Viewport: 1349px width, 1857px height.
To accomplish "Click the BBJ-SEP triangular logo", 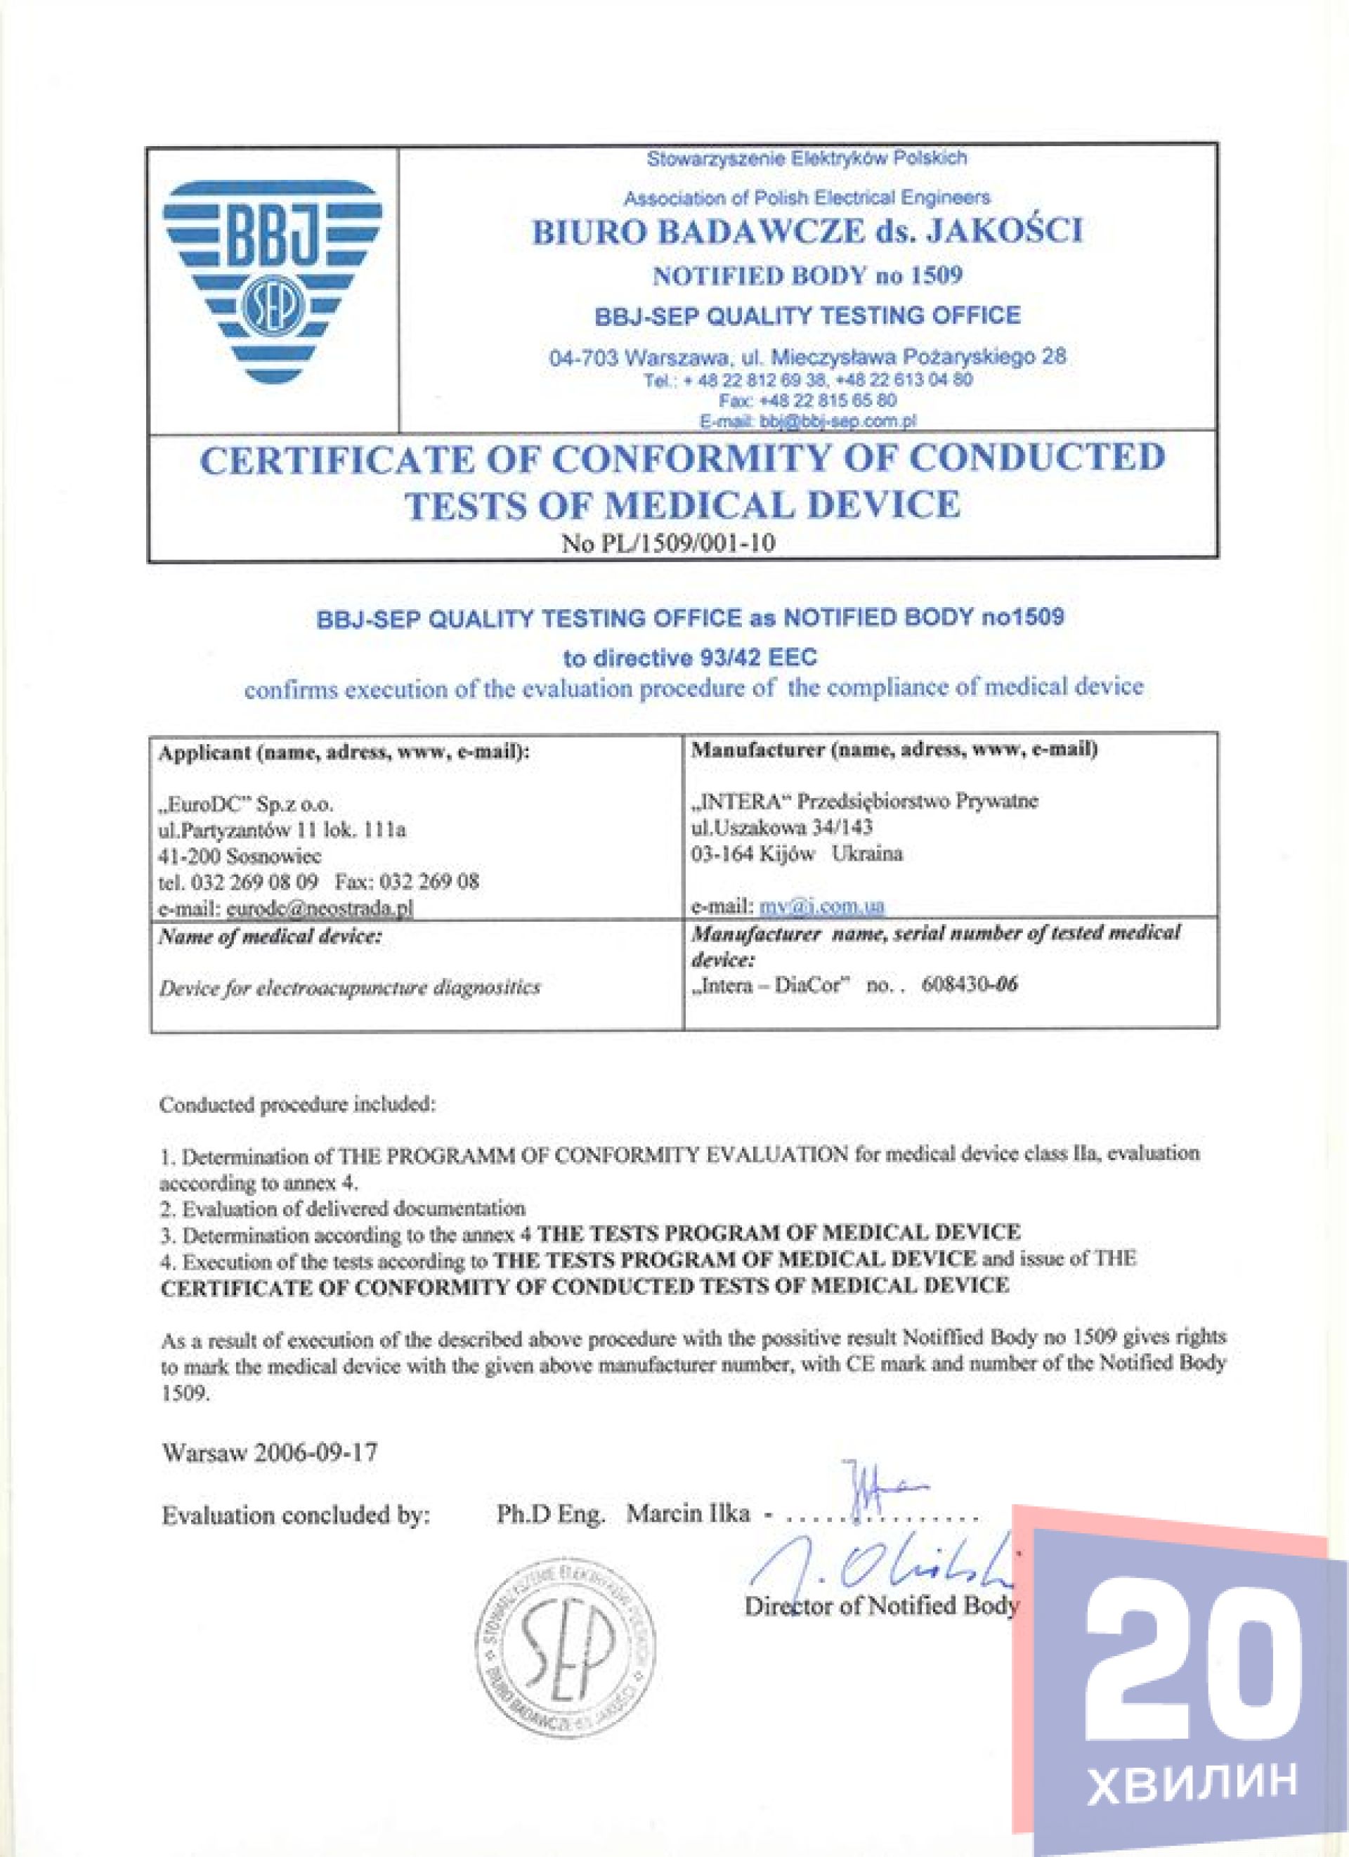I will pos(272,282).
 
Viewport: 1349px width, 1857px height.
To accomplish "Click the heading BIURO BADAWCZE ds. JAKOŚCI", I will pos(807,233).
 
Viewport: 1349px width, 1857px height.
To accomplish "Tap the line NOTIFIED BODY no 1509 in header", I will pos(807,275).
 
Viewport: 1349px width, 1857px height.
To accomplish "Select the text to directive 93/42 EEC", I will pos(690,657).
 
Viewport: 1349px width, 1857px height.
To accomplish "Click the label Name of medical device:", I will pos(270,937).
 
